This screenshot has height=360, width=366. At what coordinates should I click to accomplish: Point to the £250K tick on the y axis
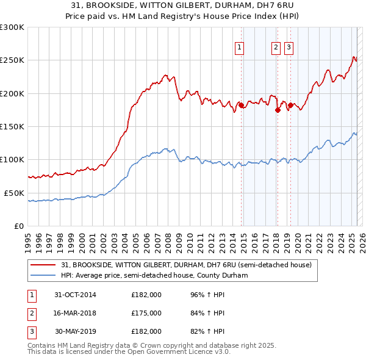point(12,60)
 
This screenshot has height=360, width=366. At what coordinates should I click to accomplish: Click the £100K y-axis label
point(12,160)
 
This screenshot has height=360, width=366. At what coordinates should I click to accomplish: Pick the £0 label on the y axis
point(19,226)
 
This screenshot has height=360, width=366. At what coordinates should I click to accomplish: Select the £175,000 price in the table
point(146,313)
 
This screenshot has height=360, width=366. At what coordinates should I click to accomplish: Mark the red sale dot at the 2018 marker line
point(278,110)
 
